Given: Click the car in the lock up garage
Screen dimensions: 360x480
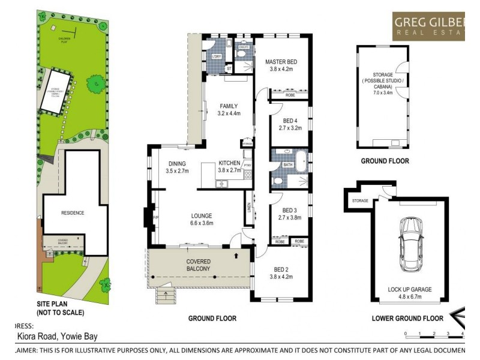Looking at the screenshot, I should [411, 244].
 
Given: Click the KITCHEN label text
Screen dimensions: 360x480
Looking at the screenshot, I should [229, 163].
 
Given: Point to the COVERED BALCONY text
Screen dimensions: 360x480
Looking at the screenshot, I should [198, 265].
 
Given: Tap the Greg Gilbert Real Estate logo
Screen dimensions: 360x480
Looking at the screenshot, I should [428, 26].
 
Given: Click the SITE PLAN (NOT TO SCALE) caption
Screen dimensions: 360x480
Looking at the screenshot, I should [60, 308].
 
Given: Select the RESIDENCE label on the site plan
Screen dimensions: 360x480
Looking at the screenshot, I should [73, 213].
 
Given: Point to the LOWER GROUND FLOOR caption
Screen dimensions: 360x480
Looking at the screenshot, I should [407, 318].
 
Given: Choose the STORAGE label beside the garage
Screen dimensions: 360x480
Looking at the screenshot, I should [360, 200].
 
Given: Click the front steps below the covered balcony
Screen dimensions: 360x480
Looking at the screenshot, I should [163, 296].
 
